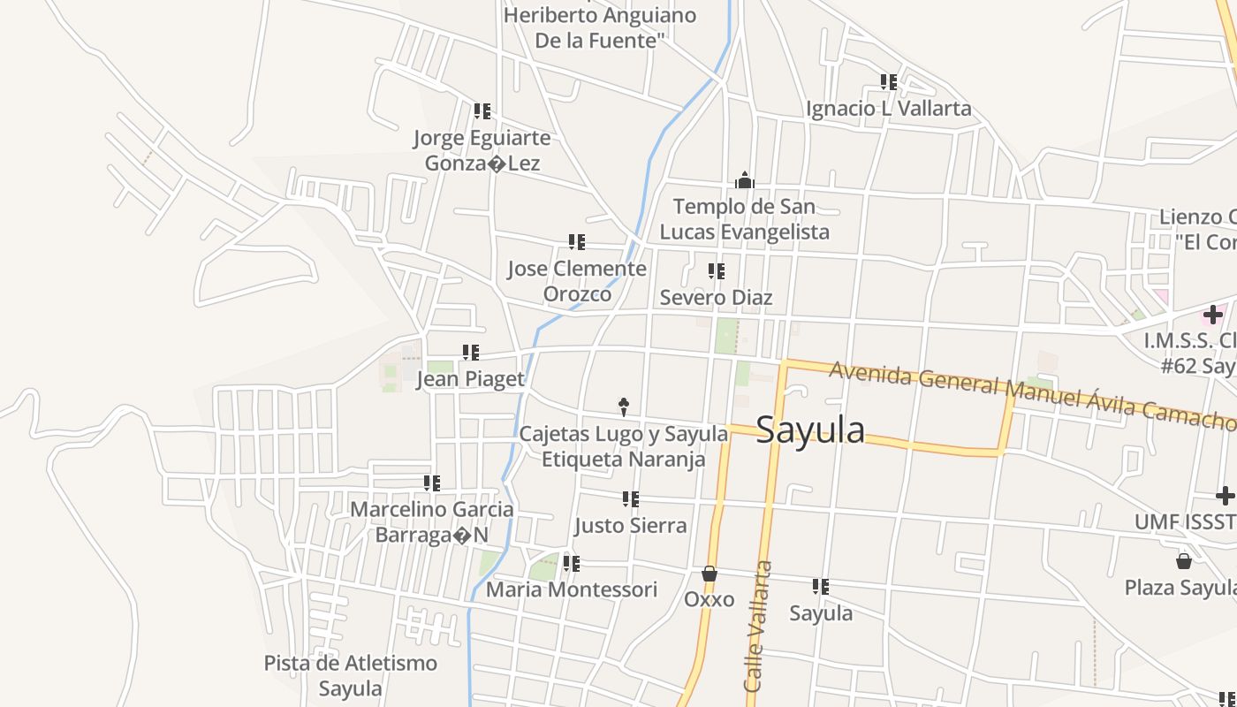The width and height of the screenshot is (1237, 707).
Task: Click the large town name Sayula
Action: point(810,430)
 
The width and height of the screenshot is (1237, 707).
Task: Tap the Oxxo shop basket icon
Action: point(709,574)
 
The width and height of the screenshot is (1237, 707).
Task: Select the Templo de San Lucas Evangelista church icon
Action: point(745,181)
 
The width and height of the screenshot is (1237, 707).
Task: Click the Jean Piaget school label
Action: point(470,379)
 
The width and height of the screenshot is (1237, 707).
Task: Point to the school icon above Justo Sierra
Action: point(630,499)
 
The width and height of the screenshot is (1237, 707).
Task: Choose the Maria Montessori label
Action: point(572,589)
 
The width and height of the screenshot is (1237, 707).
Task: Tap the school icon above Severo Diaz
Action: point(716,271)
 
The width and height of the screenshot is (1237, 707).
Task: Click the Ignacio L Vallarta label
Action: point(888,109)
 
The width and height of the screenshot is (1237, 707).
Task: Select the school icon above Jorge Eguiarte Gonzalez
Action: point(482,111)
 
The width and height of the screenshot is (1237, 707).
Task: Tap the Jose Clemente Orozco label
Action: point(577,281)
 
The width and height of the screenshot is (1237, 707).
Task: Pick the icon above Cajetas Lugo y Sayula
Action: point(623,407)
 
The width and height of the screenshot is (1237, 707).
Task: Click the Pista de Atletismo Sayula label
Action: point(351,675)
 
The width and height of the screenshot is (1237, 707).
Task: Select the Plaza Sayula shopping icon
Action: point(1183,561)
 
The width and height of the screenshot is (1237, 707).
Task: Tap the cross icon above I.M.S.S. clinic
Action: point(1212,314)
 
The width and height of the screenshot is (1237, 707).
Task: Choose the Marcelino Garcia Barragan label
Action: point(432,522)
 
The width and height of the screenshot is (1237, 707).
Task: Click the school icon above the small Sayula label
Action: point(820,586)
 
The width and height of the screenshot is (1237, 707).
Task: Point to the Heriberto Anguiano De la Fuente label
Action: point(599,27)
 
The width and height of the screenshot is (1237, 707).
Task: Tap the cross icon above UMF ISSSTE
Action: point(1225,495)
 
